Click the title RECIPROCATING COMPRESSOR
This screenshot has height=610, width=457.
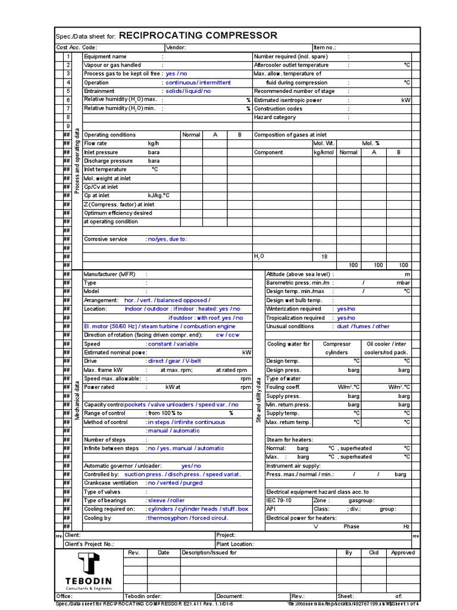tap(198, 36)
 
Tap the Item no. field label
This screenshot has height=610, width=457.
tap(325, 48)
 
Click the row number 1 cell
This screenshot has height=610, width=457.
tap(68, 57)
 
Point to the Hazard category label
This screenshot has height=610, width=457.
tap(275, 117)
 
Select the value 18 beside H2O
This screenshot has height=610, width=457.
tap(324, 257)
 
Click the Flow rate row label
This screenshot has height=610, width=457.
tap(96, 144)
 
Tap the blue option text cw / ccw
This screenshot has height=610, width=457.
tap(228, 335)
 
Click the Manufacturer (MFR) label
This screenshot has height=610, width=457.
tap(109, 274)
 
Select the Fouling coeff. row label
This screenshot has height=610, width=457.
tap(283, 387)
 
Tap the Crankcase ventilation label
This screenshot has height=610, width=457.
tap(111, 483)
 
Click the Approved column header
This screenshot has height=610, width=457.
tap(403, 553)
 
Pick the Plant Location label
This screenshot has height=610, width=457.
tap(236, 544)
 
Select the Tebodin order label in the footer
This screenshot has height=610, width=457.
tap(143, 596)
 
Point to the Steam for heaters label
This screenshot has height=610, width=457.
tap(290, 440)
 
